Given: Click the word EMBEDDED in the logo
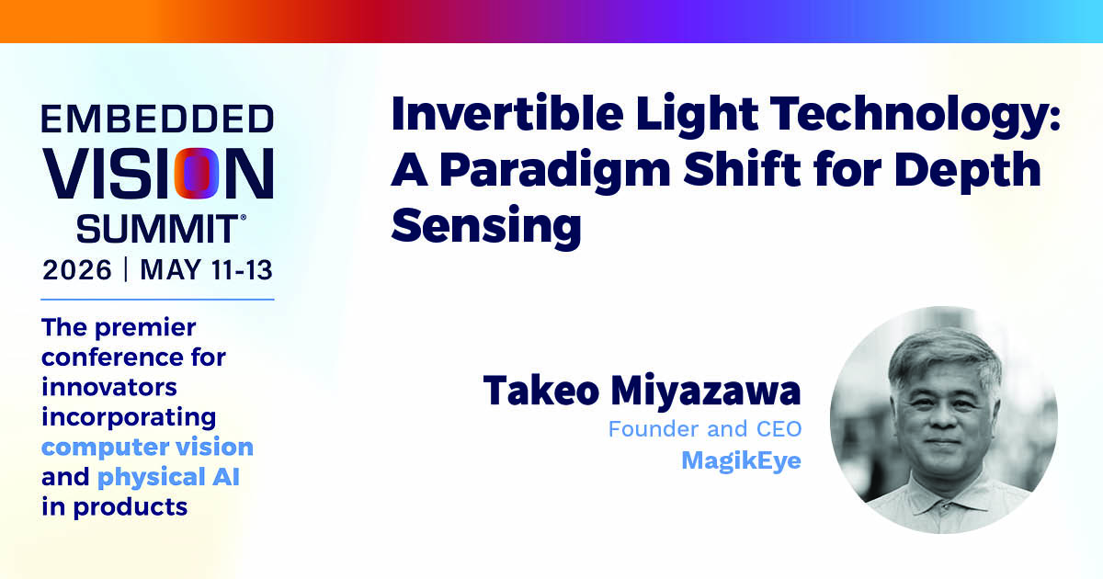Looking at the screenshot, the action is (x=157, y=119).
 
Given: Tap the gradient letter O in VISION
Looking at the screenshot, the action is (x=196, y=174).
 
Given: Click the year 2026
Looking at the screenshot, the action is (x=77, y=270).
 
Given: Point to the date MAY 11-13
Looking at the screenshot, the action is (x=206, y=270).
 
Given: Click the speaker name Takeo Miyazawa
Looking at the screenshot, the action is (x=642, y=391).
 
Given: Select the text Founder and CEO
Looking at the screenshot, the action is (x=705, y=429).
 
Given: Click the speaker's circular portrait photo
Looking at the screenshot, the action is (x=943, y=419).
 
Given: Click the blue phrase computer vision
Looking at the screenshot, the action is (x=147, y=447).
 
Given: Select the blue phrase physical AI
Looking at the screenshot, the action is (x=168, y=477).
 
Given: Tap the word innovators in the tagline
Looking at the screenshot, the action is (x=109, y=387).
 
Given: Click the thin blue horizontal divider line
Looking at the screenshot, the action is (x=157, y=300).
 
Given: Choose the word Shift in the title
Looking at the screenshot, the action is (x=742, y=170).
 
